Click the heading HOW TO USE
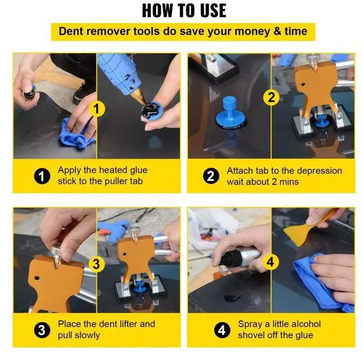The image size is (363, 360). [x=184, y=11]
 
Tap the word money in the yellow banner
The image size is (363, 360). [x=252, y=31]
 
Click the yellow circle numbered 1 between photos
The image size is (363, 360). [x=96, y=109]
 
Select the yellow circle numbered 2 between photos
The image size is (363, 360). [x=271, y=97]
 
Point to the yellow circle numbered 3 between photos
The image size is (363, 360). [x=96, y=264]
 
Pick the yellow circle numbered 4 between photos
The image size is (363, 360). [x=271, y=262]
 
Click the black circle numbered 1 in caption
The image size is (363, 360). [x=42, y=176]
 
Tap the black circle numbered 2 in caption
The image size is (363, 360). [x=211, y=176]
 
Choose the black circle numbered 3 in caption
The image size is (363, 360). [x=42, y=330]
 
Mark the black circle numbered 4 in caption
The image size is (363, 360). [x=222, y=330]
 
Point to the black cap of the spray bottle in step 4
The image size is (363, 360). [x=227, y=257]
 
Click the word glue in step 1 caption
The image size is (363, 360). [x=138, y=170]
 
